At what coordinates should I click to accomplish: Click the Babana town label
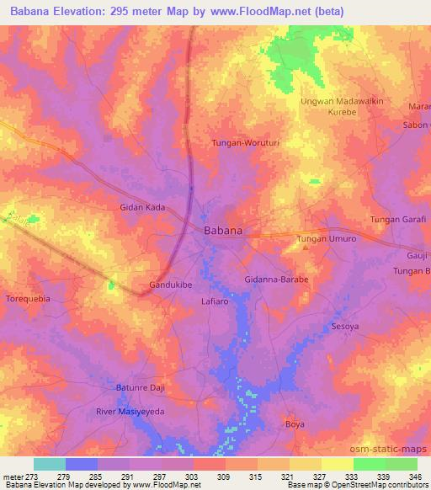pyautogui.click(x=224, y=230)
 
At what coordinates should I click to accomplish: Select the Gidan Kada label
pyautogui.click(x=141, y=206)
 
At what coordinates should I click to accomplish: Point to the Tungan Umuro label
pyautogui.click(x=327, y=240)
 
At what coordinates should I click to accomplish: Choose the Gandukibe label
pyautogui.click(x=172, y=285)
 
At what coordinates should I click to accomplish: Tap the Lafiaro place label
pyautogui.click(x=216, y=300)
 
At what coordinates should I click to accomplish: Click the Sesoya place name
pyautogui.click(x=346, y=326)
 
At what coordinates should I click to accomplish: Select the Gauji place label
pyautogui.click(x=418, y=253)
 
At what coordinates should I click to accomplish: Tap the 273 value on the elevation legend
pyautogui.click(x=33, y=477)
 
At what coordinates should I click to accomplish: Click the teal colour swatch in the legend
pyautogui.click(x=50, y=464)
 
